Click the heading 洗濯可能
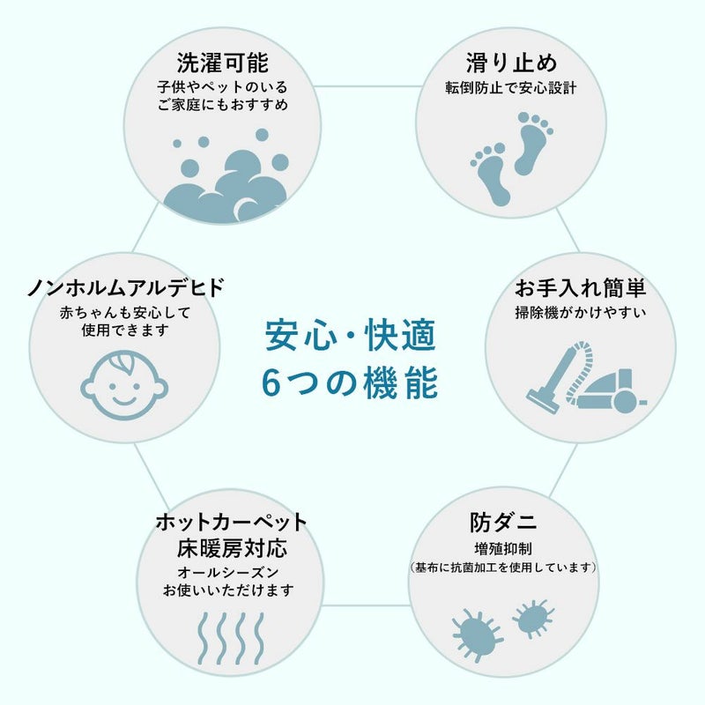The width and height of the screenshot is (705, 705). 223,63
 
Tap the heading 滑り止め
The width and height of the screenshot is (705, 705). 511,63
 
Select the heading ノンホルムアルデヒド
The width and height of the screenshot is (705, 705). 125,288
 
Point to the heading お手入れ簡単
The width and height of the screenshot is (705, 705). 581,288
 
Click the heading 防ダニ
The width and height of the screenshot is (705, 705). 503,522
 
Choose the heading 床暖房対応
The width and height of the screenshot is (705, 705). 232,548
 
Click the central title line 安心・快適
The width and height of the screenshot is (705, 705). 350,335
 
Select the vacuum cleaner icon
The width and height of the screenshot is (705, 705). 587,377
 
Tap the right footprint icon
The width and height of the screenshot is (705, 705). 534,144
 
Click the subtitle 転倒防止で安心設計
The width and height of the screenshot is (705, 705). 511,87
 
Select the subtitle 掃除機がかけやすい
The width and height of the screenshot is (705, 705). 581,312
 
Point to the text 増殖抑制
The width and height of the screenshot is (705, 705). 503,548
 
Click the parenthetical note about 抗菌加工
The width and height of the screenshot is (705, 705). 503,568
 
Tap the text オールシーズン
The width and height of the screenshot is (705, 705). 228,572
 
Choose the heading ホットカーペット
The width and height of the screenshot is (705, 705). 232,522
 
